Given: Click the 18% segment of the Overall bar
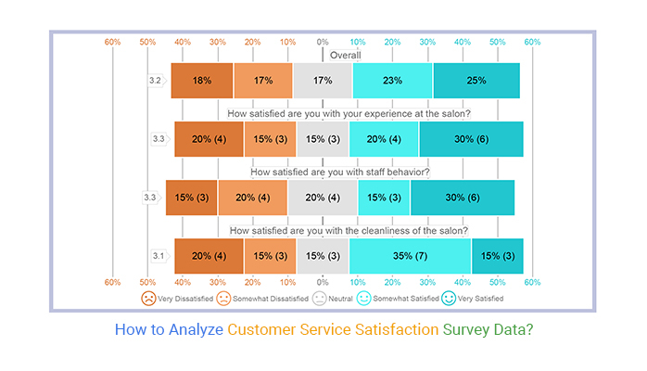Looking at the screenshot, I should [202, 81].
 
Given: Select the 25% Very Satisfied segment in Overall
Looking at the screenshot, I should [476, 81].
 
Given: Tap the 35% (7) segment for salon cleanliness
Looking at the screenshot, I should [410, 255].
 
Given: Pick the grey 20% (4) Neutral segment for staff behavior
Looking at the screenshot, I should [323, 198].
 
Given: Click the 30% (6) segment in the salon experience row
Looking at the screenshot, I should [471, 139].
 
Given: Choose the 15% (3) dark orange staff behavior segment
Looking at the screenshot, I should [191, 198].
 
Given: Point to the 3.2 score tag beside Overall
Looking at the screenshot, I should [157, 81].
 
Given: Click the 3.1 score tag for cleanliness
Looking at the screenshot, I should [159, 255].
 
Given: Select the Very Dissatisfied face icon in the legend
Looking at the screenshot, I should [148, 298].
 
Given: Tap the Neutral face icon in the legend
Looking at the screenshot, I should [320, 298].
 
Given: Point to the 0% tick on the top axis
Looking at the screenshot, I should [322, 42].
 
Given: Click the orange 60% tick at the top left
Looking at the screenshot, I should [112, 42].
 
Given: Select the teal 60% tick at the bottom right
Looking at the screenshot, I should [532, 282].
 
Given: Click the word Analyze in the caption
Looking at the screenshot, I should [194, 328].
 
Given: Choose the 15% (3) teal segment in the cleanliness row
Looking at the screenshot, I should [497, 255].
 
